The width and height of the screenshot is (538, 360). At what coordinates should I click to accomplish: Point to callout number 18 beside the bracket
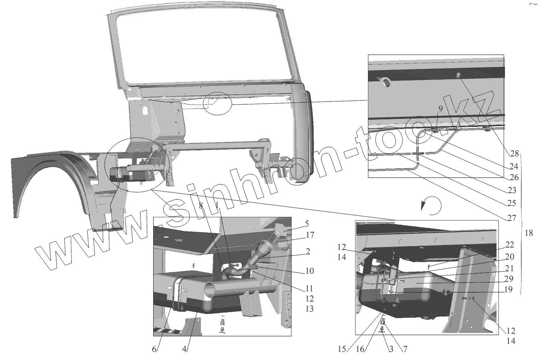click(530, 233)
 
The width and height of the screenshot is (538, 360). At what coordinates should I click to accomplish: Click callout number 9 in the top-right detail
click(440, 108)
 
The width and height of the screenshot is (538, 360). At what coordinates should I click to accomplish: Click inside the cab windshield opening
click(201, 48)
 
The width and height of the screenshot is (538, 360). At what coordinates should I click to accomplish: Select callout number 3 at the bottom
click(391, 349)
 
